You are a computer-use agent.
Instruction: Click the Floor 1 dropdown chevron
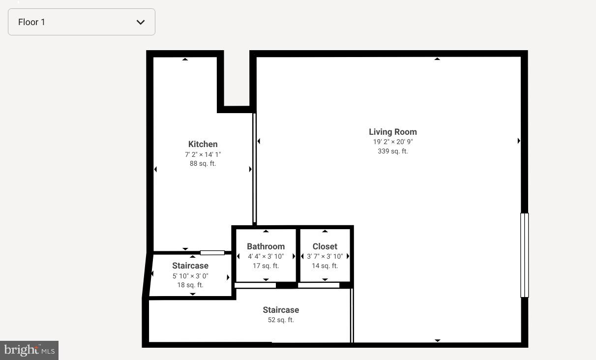coord(141,22)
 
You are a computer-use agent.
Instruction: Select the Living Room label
coord(392,132)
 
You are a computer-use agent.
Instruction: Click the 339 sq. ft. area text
coord(392,151)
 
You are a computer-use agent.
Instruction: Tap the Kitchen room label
coord(203,144)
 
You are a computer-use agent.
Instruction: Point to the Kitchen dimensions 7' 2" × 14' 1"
coord(203,154)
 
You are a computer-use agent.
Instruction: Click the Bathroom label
coord(266,246)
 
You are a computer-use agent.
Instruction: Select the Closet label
coord(325,246)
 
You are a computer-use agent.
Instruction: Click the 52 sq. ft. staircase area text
coord(281,320)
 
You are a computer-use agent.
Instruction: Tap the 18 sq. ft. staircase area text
coord(190,285)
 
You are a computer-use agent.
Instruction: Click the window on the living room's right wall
coord(524,255)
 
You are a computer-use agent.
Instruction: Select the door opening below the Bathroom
coord(255,285)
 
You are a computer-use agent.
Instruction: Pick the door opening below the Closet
coord(319,285)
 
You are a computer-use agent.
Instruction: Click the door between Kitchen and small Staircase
coord(212,253)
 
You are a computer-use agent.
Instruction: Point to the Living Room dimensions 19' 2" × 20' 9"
coord(392,142)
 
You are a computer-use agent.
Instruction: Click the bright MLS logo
coord(29,350)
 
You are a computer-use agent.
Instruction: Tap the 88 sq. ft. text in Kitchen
coord(203,163)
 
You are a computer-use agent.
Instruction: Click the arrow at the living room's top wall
coord(437,59)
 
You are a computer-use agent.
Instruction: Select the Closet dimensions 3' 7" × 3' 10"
coord(325,256)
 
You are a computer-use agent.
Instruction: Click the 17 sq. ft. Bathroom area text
coord(266,266)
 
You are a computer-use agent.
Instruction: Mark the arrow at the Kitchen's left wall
coord(155,169)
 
